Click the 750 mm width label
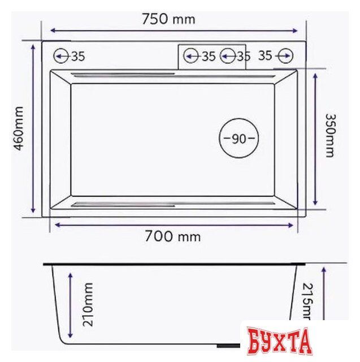tap(168, 19)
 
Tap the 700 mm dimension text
tap(173, 236)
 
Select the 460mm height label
tap(18, 128)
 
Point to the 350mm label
tap(329, 135)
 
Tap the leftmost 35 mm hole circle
tap(61, 56)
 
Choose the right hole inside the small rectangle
tap(228, 56)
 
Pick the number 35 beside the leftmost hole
tap(77, 56)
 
